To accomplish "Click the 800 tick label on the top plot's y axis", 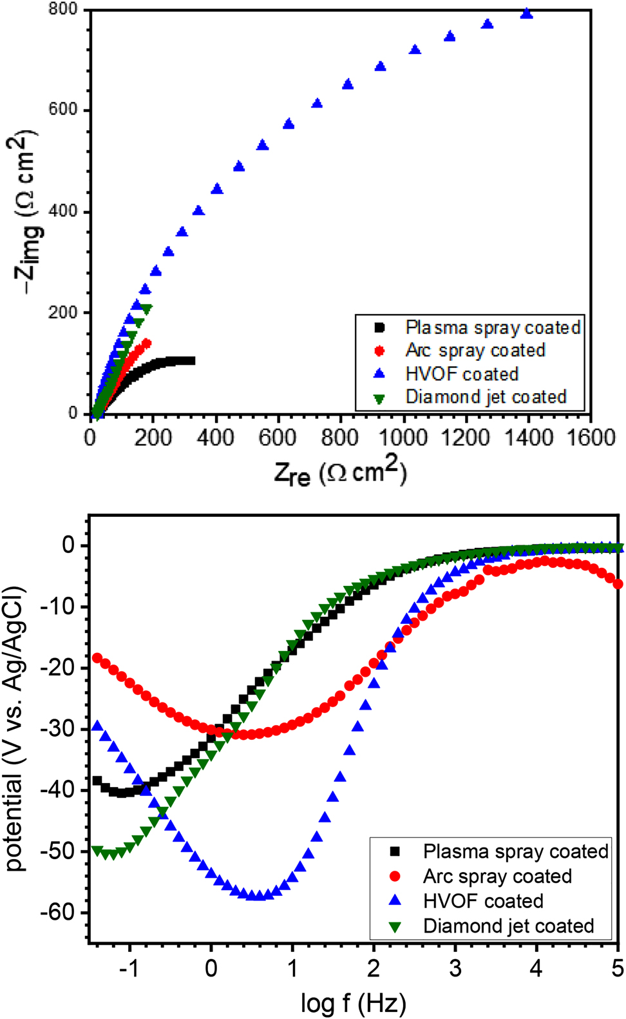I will pyautogui.click(x=62, y=10).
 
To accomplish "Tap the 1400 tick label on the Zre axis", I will pyautogui.click(x=527, y=438).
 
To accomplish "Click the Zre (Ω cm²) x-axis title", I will pyautogui.click(x=340, y=472).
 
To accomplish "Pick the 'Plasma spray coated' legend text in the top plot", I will pyautogui.click(x=493, y=327).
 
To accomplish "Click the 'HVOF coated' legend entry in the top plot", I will pyautogui.click(x=462, y=374).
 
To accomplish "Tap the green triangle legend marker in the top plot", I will pyautogui.click(x=379, y=398).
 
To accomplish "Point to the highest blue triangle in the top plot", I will pyautogui.click(x=527, y=14).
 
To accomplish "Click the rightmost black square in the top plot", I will pyautogui.click(x=191, y=361).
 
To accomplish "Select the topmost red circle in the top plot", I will pyautogui.click(x=147, y=344).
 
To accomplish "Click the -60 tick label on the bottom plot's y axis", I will pyautogui.click(x=61, y=912).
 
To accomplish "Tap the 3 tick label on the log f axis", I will pyautogui.click(x=455, y=969).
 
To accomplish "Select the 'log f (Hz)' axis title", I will pyautogui.click(x=353, y=1003).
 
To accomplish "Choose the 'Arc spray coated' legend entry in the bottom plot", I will pyautogui.click(x=497, y=877).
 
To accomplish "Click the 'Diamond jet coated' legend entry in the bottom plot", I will pyautogui.click(x=508, y=926).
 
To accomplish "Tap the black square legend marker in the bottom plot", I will pyautogui.click(x=395, y=851).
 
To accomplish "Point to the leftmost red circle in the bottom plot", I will pyautogui.click(x=97, y=658).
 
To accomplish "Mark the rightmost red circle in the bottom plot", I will pyautogui.click(x=618, y=584).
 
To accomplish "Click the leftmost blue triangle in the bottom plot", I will pyautogui.click(x=98, y=726).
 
